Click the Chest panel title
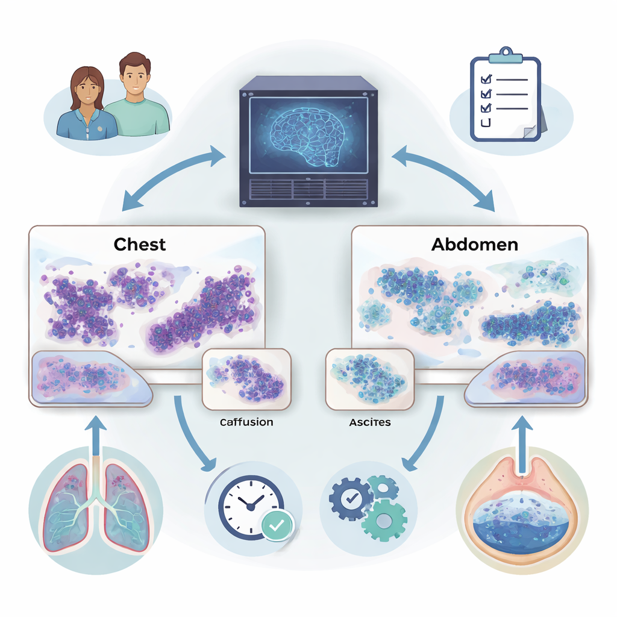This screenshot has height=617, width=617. pyautogui.click(x=140, y=245)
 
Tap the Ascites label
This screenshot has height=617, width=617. pyautogui.click(x=369, y=422)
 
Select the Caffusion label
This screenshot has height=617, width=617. pyautogui.click(x=246, y=422)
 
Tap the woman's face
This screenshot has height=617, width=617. pyautogui.click(x=88, y=89)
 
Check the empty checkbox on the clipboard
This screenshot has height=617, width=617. pyautogui.click(x=484, y=123)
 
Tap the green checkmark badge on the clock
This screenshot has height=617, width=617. pyautogui.click(x=277, y=525)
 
